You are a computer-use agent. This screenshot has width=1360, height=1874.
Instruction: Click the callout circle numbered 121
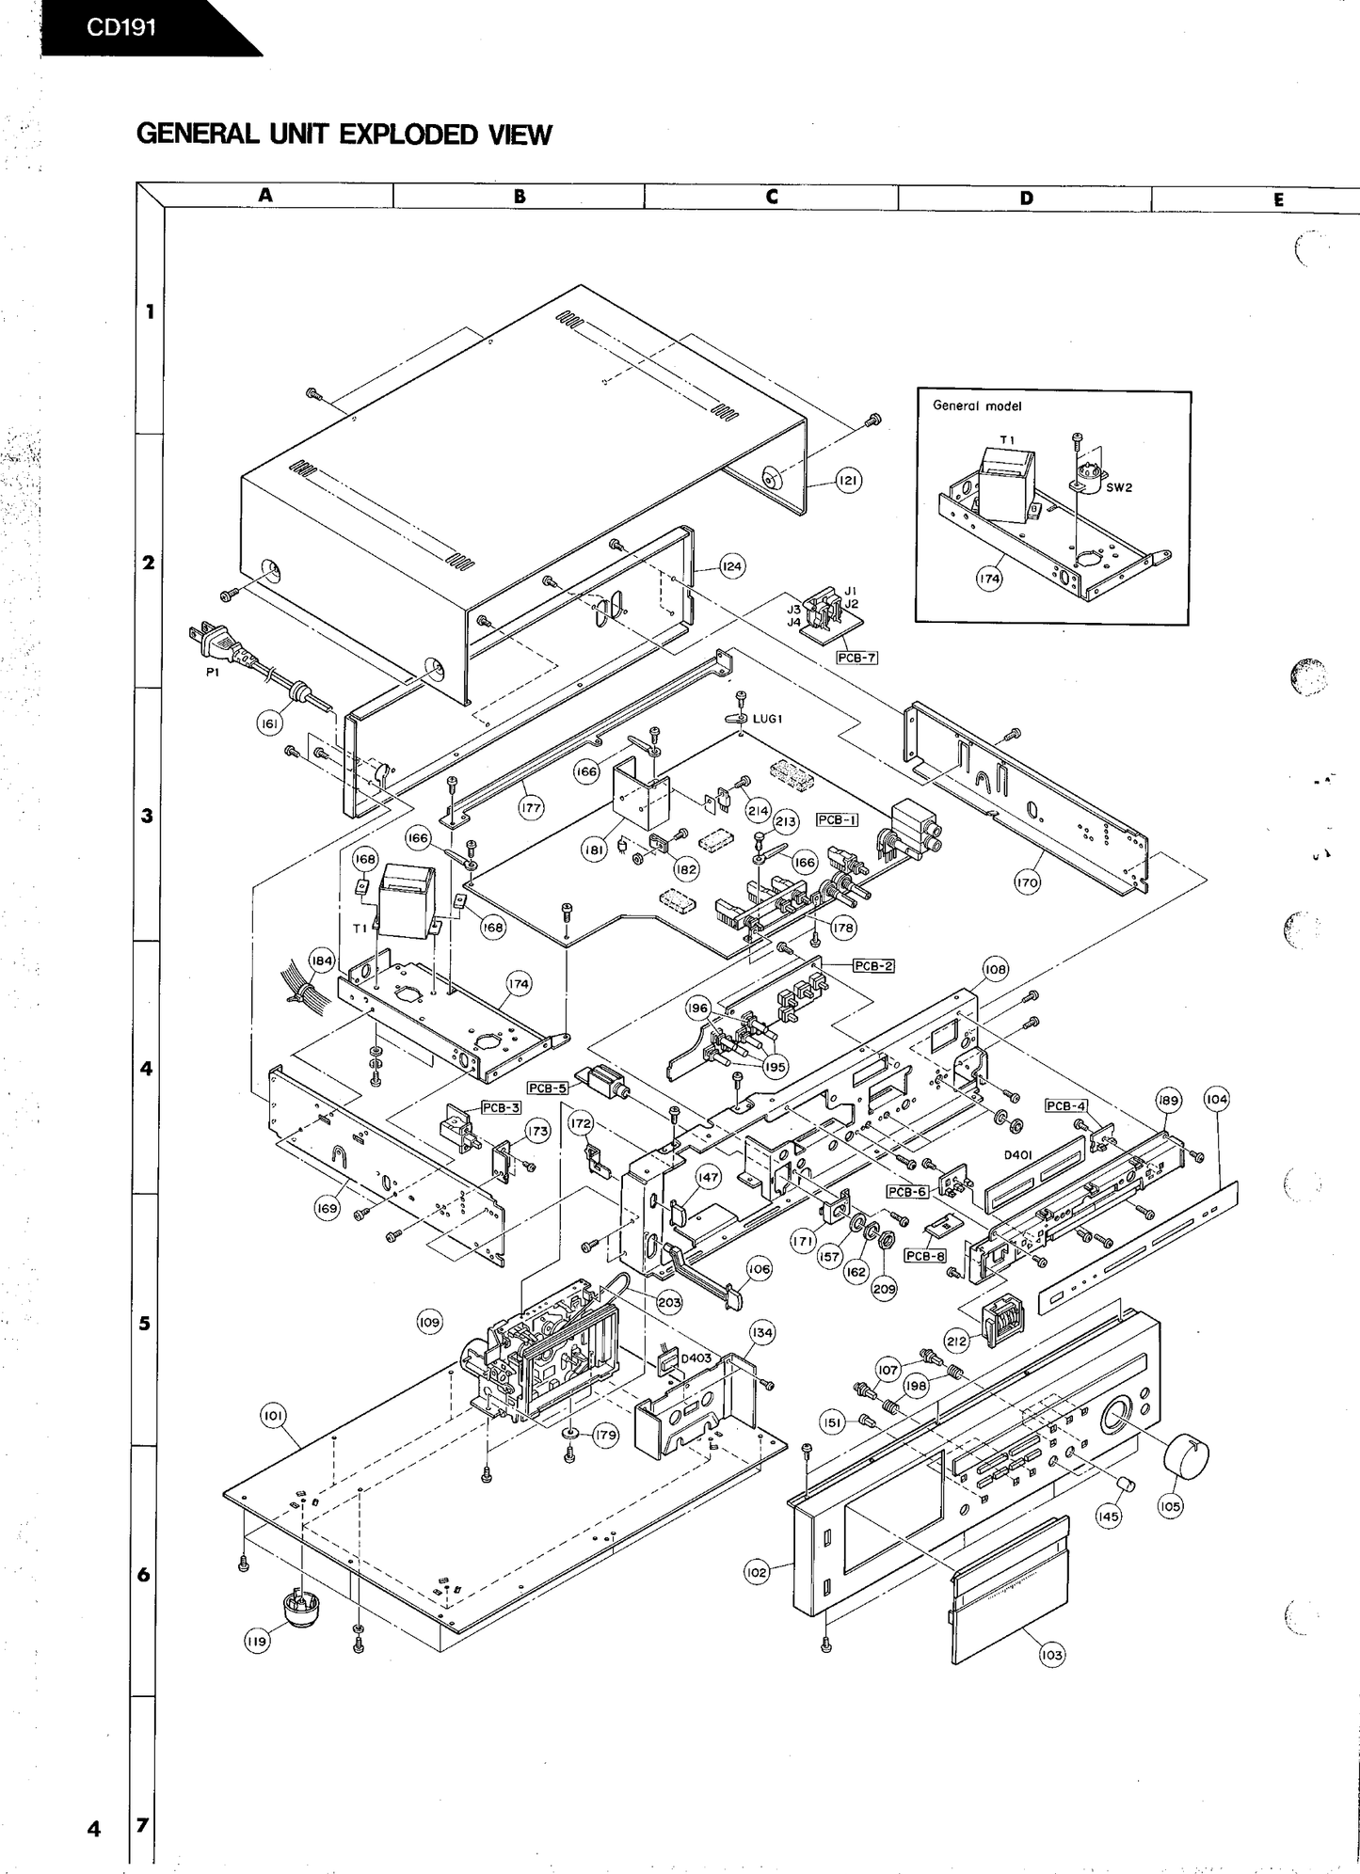click(848, 481)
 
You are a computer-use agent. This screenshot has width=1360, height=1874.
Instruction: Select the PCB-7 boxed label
click(856, 658)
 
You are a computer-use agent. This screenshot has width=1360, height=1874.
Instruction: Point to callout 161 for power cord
click(270, 723)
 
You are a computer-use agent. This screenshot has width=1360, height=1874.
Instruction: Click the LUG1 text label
click(768, 719)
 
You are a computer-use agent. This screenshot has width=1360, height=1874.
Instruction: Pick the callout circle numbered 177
click(531, 807)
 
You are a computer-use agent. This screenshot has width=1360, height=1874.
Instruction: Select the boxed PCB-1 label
click(837, 819)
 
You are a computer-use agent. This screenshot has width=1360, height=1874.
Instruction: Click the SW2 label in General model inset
click(1119, 487)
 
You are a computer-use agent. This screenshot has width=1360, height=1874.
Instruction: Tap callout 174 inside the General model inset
click(988, 579)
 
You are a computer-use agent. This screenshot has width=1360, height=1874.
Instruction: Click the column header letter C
click(772, 197)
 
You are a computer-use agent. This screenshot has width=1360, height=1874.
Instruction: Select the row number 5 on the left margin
click(144, 1323)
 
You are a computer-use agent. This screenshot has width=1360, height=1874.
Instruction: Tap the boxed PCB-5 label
click(547, 1088)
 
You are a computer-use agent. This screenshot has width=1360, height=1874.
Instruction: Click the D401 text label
click(1018, 1154)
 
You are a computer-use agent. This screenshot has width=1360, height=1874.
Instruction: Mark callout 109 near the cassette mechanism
click(429, 1322)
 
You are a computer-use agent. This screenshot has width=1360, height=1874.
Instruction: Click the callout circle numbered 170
click(1027, 882)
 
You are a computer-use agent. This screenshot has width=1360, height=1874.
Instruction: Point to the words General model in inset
click(977, 406)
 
